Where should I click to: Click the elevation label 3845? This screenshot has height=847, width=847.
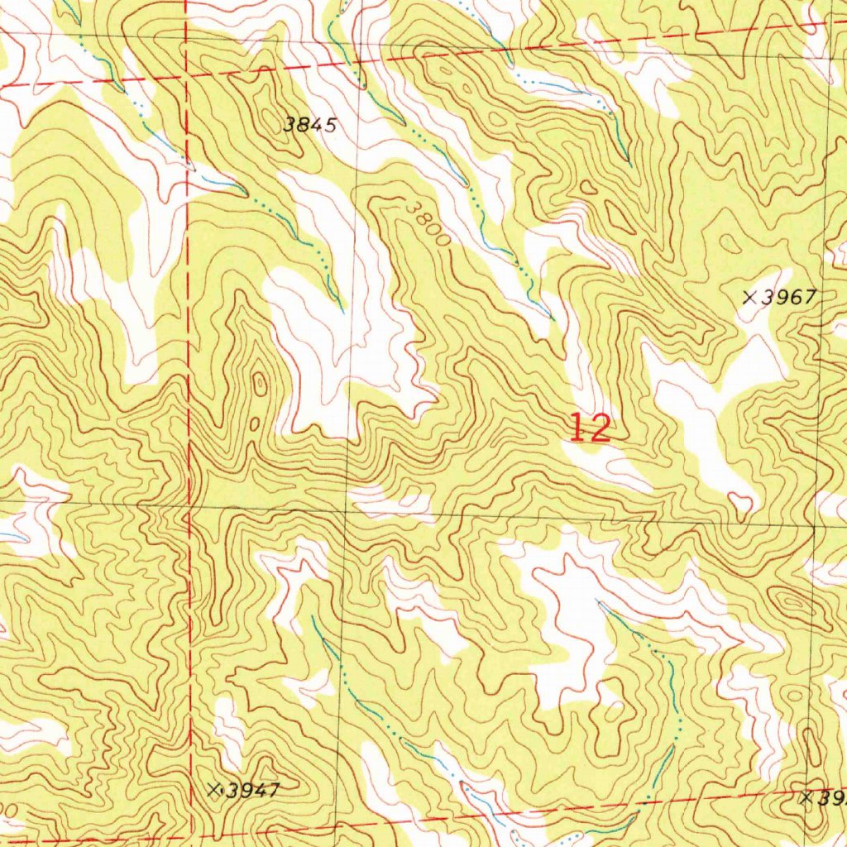pos(309,126)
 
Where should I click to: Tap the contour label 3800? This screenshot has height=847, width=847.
pos(429,223)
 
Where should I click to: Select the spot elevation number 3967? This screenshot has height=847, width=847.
pos(789,298)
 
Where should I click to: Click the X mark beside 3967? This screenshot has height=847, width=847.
pos(750,298)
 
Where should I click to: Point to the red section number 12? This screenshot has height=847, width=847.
pos(591,428)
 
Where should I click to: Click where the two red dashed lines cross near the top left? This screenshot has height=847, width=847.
pos(187,76)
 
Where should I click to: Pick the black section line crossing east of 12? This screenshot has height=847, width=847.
pos(817,526)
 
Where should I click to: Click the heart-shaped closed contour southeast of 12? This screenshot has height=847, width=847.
pos(741,500)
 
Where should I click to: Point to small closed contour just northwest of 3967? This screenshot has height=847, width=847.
pos(730,243)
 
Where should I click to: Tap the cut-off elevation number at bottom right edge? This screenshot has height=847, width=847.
pos(831,798)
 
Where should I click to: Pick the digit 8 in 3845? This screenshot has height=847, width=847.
pos(303,126)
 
